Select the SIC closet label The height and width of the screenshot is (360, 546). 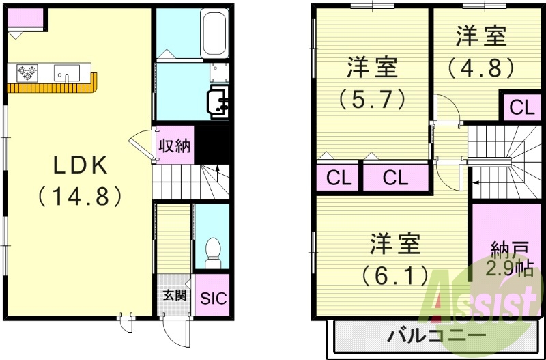point(212,299)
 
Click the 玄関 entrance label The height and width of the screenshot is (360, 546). point(174,295)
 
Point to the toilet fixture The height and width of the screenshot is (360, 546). point(213,253)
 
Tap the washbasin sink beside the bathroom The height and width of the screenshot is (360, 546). point(219,100)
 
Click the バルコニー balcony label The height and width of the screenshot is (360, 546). point(437,337)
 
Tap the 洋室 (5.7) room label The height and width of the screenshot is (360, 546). point(373,82)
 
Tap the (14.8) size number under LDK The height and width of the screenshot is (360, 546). point(79,196)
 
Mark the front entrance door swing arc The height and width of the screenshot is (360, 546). point(176,333)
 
